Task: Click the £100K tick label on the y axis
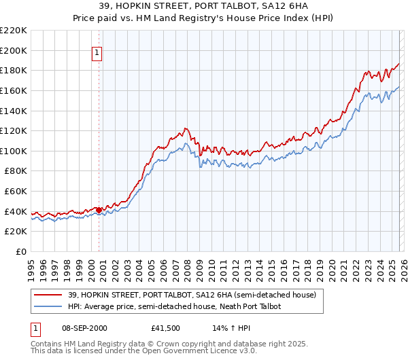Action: pyautogui.click(x=14, y=151)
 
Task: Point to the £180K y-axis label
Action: pyautogui.click(x=14, y=70)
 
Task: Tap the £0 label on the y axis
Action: pyautogui.click(x=20, y=252)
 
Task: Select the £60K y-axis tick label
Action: pyautogui.click(x=16, y=192)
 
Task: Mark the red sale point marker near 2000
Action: pyautogui.click(x=99, y=210)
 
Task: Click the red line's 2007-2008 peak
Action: pyautogui.click(x=185, y=128)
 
